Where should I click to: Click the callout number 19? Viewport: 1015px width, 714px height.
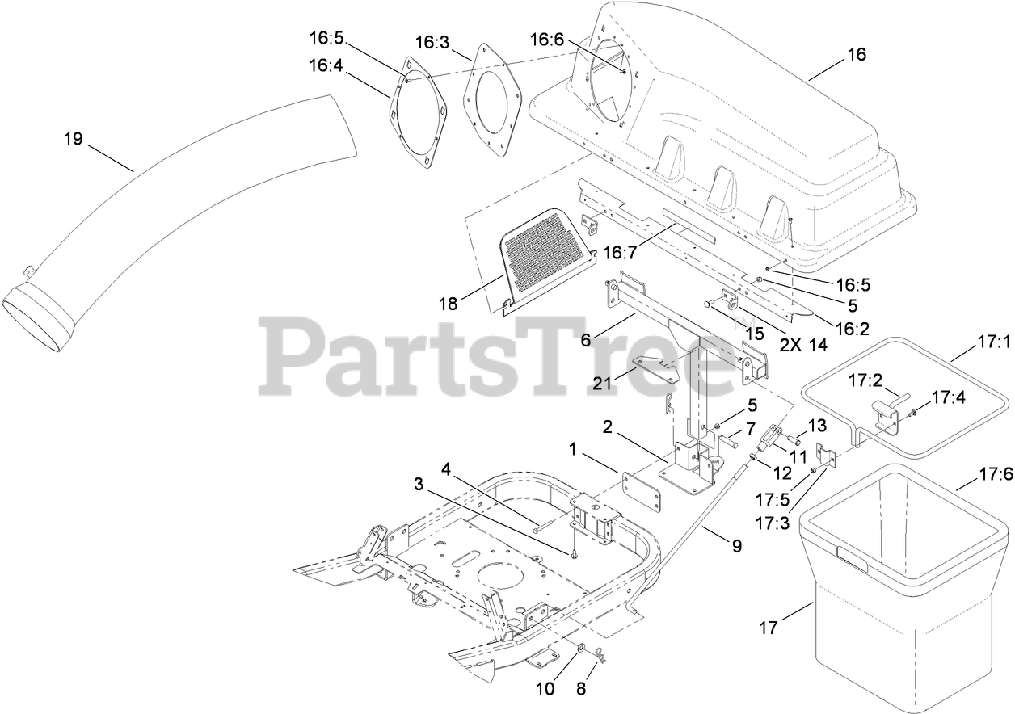pyautogui.click(x=73, y=139)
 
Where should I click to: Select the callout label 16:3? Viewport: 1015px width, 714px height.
pyautogui.click(x=432, y=42)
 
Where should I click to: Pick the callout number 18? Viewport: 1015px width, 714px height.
pyautogui.click(x=448, y=304)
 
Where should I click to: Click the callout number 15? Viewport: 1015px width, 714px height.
pyautogui.click(x=754, y=332)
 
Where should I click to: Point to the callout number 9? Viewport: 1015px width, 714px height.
pyautogui.click(x=736, y=546)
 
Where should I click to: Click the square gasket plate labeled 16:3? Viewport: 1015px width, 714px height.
pyautogui.click(x=491, y=101)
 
